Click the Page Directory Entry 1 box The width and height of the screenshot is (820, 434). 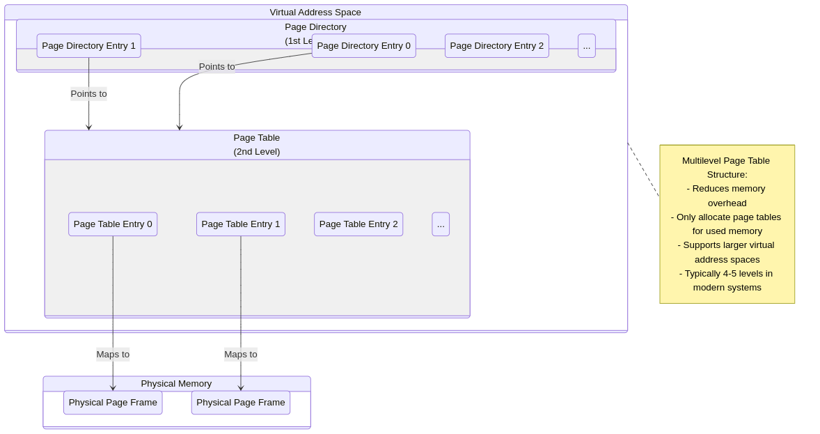point(88,46)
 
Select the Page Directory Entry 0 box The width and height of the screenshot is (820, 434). point(363,46)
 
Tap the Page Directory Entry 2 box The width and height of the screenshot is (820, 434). point(496,46)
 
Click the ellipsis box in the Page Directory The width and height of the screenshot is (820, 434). point(586,46)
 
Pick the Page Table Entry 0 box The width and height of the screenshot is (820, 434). point(113,224)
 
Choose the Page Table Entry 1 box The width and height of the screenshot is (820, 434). point(240,224)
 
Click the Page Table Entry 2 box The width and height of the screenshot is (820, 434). point(358,224)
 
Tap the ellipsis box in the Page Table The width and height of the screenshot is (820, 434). point(441,224)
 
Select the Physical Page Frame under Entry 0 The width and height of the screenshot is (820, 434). point(113,403)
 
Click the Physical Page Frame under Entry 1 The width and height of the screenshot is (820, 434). point(240,403)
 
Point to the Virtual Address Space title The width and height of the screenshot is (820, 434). point(315,12)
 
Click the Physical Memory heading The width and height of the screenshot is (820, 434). point(176,384)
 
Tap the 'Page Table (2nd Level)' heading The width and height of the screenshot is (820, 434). point(257,144)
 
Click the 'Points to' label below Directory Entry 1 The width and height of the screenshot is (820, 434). point(88,94)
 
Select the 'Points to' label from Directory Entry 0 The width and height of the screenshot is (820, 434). point(216,67)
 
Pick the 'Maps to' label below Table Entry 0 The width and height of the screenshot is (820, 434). point(113,355)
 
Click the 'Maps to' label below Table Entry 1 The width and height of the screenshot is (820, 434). point(240,355)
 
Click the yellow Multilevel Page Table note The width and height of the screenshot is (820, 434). point(727,224)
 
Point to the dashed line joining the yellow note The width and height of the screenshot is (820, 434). point(643,169)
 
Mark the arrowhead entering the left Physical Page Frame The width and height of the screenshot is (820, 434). point(113,388)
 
